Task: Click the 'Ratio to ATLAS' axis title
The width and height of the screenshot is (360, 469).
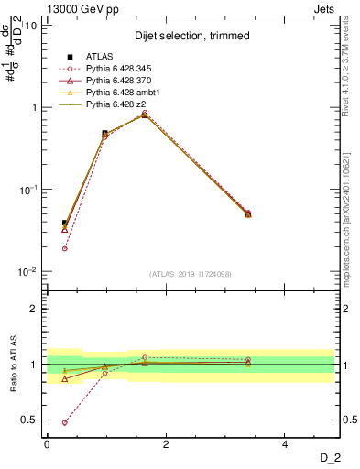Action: [x=13, y=365]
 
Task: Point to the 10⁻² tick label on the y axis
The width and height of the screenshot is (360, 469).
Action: [x=27, y=272]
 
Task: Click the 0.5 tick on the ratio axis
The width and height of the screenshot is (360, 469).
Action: [x=29, y=420]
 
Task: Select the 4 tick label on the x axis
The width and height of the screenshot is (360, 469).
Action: [x=286, y=444]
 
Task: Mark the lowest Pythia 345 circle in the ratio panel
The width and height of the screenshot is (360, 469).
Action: [x=64, y=422]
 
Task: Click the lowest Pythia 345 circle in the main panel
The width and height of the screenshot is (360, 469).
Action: [x=64, y=248]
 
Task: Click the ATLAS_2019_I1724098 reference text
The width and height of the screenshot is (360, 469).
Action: [x=191, y=274]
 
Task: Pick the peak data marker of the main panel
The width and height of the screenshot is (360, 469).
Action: [x=145, y=115]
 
